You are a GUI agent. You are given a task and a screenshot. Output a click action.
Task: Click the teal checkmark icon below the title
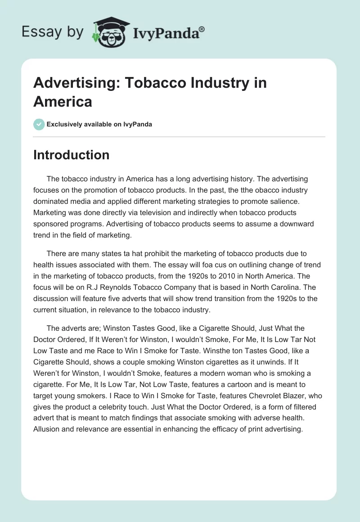click(39, 124)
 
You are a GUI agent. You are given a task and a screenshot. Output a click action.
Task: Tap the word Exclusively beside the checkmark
click(64, 124)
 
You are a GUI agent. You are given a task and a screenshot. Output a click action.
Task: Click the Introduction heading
click(72, 155)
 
